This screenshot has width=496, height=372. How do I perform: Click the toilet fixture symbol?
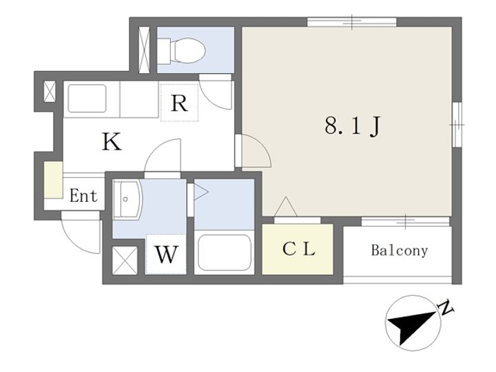(x=182, y=50)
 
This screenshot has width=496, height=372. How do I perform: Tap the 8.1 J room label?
(x=352, y=126)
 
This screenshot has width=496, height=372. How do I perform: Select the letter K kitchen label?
(x=112, y=142)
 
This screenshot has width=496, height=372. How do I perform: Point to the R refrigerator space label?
(x=179, y=103)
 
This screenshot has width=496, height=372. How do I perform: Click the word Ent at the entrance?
(x=83, y=196)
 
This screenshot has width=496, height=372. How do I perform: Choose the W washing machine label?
(x=166, y=254)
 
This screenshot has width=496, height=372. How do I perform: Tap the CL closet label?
(x=298, y=249)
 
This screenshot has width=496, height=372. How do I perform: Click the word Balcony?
(x=399, y=250)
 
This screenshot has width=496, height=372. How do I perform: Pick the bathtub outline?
(x=225, y=252)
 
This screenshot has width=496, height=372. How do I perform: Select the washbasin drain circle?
(x=125, y=199)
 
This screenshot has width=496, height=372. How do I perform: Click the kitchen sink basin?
(x=87, y=99)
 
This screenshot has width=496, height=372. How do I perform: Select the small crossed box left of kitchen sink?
(x=50, y=92)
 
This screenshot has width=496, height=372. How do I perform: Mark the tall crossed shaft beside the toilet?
(x=144, y=50)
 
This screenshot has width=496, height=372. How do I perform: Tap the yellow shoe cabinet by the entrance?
(x=53, y=180)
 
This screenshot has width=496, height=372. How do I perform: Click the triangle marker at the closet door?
(x=286, y=207)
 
